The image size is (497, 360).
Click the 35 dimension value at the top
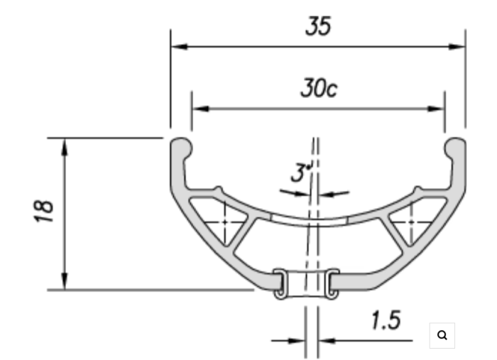pyautogui.click(x=318, y=26)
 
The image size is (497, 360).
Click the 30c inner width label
pyautogui.click(x=317, y=88)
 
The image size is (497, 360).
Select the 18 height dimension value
pyautogui.click(x=44, y=212)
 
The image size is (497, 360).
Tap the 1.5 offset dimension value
pyautogui.click(x=386, y=321)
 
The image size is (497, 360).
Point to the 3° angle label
pyautogui.click(x=301, y=173)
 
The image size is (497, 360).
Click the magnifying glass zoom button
pyautogui.click(x=442, y=335)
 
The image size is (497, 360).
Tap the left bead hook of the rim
pyautogui.click(x=182, y=148)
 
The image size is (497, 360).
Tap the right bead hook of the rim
pyautogui.click(x=455, y=148)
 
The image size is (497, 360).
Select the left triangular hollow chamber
pyautogui.click(x=225, y=221)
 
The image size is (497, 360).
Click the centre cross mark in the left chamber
pyautogui.click(x=224, y=222)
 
